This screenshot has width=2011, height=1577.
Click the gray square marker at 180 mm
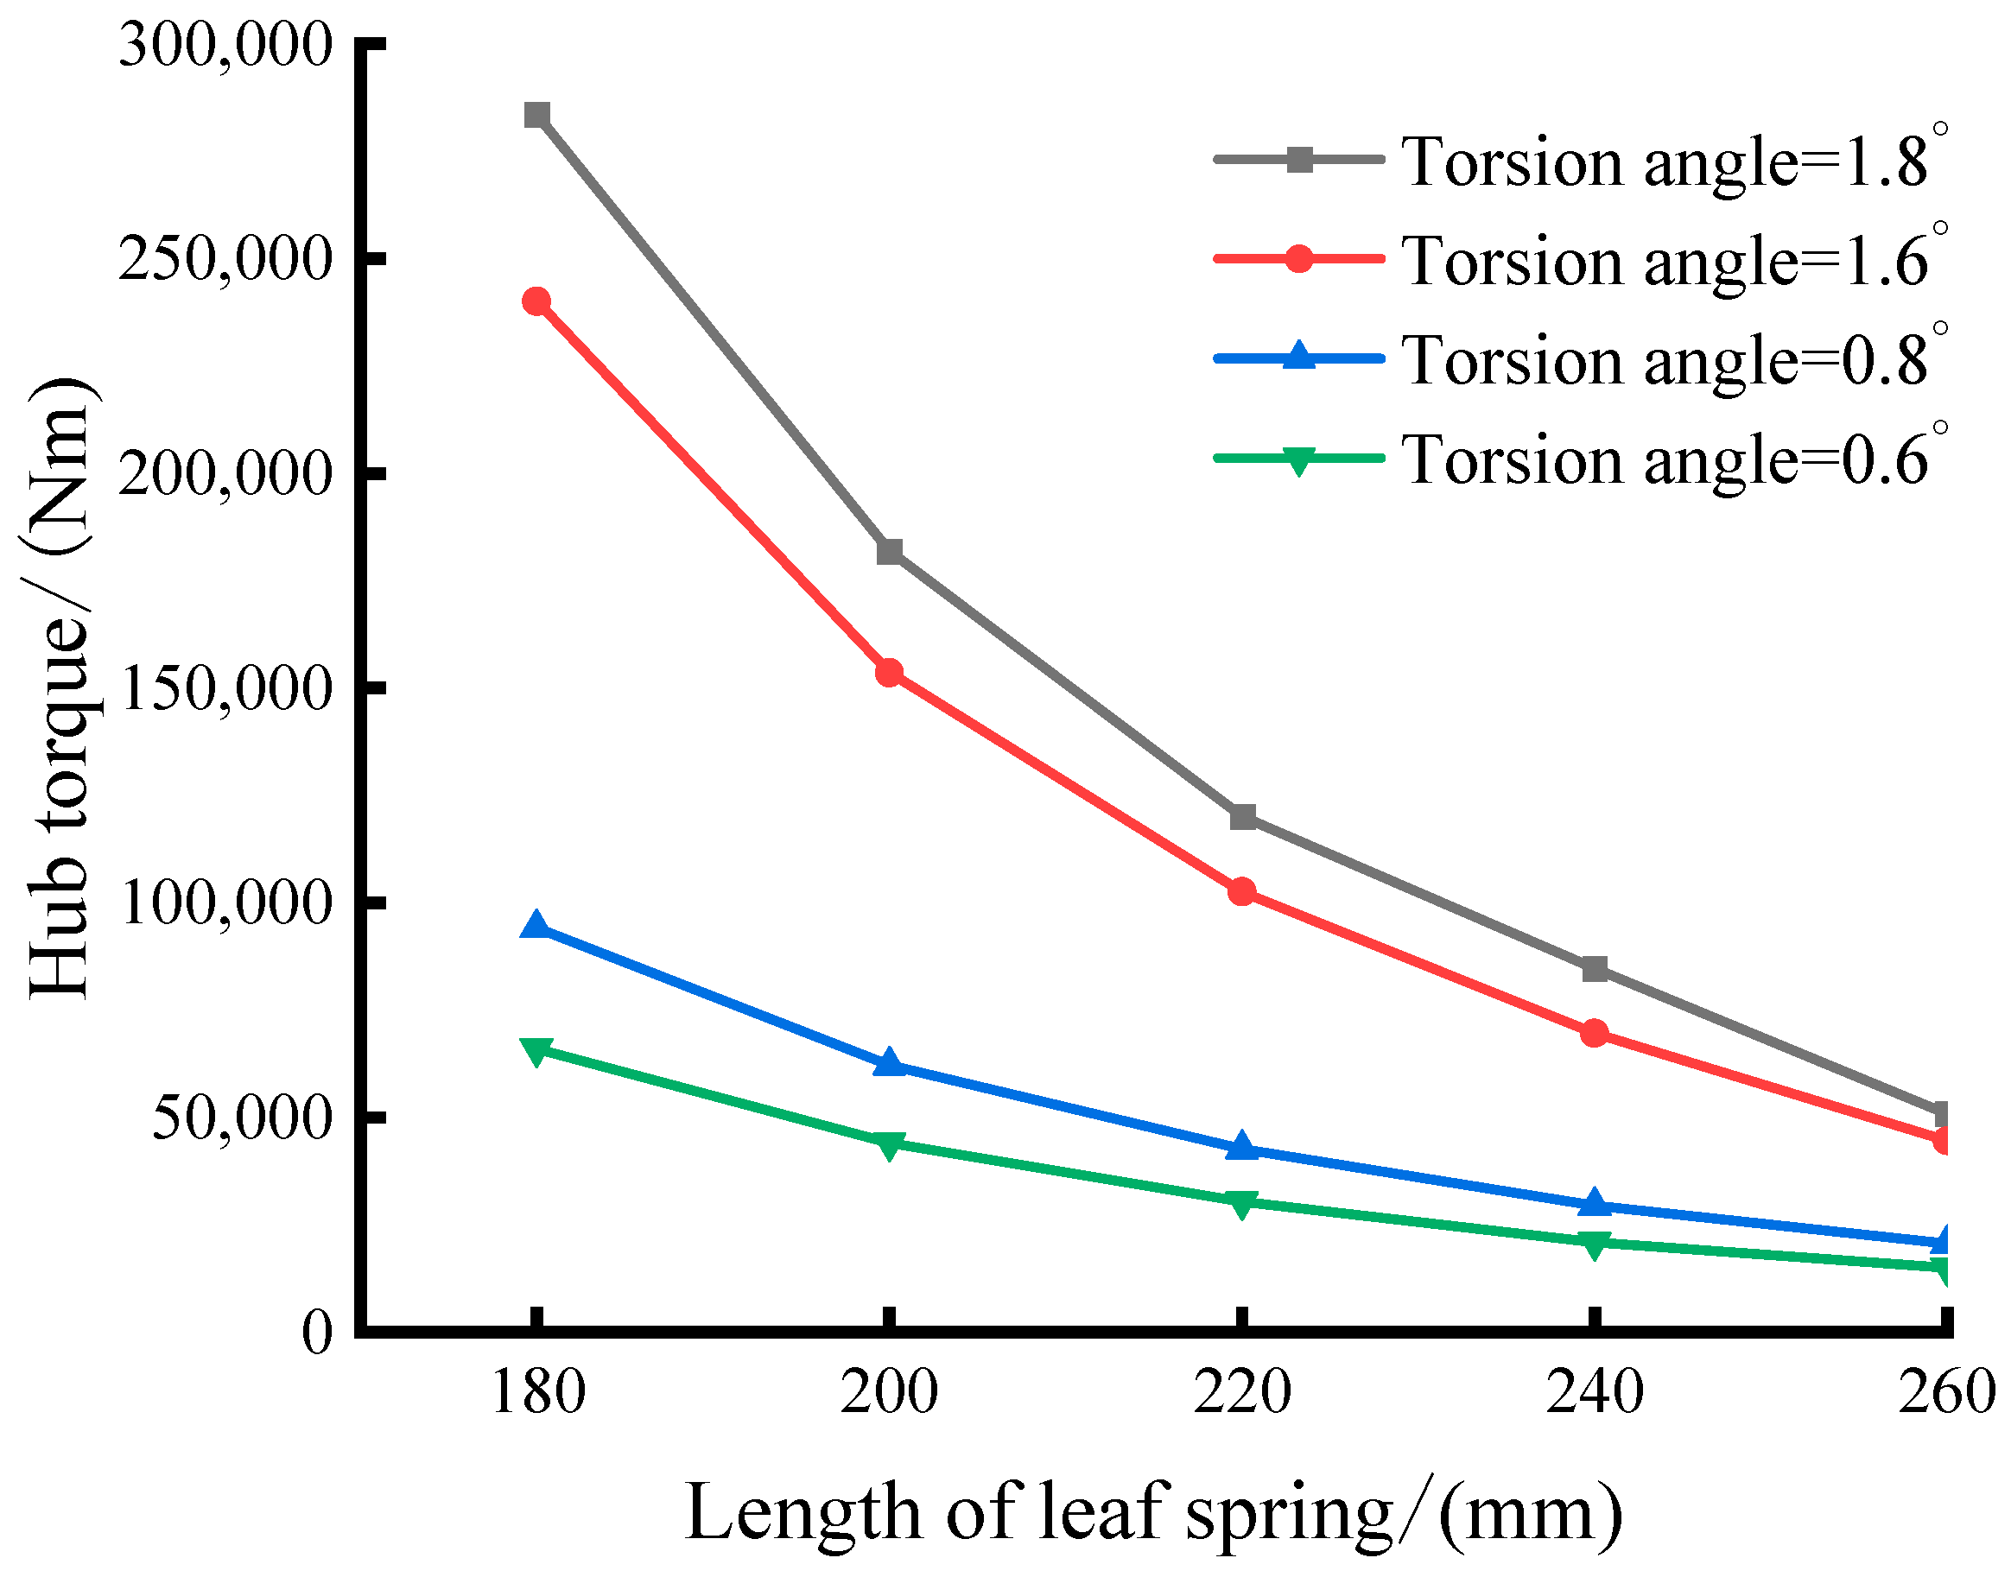(536, 116)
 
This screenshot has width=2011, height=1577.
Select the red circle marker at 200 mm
(888, 672)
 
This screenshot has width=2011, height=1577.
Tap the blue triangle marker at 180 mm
(536, 925)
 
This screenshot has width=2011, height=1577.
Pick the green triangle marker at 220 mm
(1242, 1203)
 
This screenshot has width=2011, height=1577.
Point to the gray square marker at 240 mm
(1595, 968)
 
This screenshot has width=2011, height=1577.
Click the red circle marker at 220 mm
(1242, 891)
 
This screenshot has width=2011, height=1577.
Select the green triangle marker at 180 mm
(536, 1051)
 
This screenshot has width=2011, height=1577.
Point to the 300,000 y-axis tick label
(225, 44)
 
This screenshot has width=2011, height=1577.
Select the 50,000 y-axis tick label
(241, 1118)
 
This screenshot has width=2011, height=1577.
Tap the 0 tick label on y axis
(317, 1333)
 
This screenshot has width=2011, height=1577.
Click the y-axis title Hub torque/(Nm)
(60, 687)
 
